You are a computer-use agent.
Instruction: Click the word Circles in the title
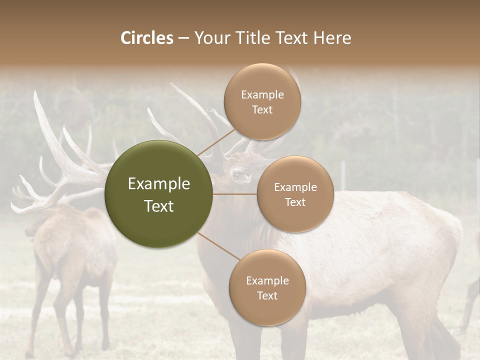point(147,38)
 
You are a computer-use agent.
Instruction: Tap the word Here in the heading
point(332,38)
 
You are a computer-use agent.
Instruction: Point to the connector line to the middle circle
point(235,194)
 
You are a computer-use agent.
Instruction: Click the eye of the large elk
point(235,175)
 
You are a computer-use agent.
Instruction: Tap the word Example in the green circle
point(158,184)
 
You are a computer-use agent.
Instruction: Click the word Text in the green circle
point(158,206)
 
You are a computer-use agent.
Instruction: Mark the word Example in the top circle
point(262,95)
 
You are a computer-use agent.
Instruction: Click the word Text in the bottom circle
point(267,295)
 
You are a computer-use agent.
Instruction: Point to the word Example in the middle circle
point(295,187)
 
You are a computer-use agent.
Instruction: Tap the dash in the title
point(183,38)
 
